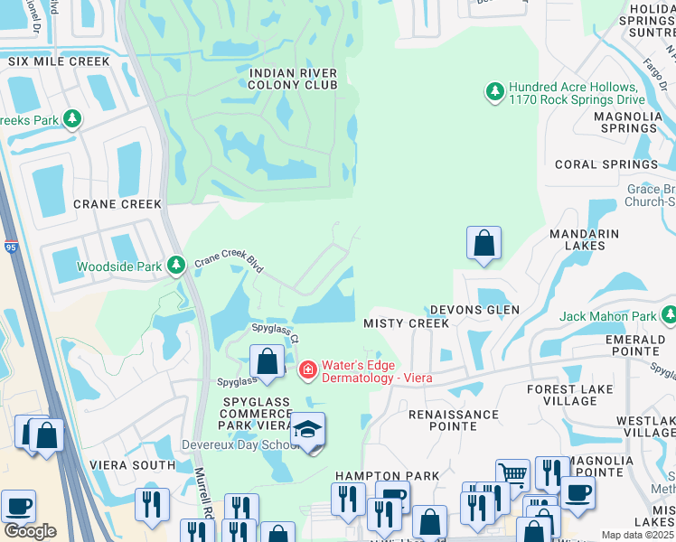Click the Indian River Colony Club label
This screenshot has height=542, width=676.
(x=293, y=79)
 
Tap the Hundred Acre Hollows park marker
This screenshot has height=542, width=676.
(x=494, y=92)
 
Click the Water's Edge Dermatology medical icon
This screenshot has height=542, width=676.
(x=307, y=370)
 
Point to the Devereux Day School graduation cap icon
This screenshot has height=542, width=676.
(x=307, y=428)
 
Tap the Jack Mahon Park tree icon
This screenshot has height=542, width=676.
(x=668, y=316)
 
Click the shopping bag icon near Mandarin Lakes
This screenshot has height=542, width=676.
(x=484, y=242)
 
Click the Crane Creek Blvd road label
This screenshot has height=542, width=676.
(x=230, y=264)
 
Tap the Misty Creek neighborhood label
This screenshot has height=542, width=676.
(x=406, y=323)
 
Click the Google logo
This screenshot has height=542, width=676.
(x=30, y=531)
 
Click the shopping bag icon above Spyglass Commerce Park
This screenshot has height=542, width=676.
(x=268, y=362)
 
